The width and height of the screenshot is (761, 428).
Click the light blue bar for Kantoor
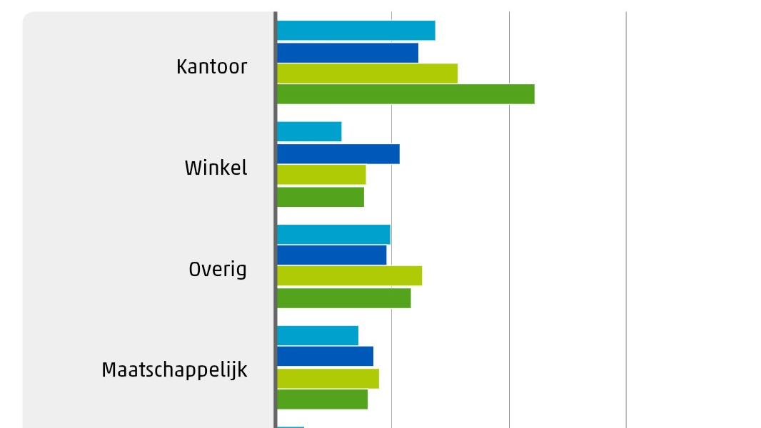[x=356, y=31]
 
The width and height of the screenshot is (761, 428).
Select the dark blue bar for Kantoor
[x=348, y=53]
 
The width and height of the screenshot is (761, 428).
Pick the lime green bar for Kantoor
[x=367, y=73]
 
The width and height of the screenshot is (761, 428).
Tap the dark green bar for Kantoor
[x=405, y=94]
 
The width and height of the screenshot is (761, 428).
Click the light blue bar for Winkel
[x=309, y=132]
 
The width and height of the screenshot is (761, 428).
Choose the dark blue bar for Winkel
[x=338, y=154]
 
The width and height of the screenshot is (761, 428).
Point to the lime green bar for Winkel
[x=321, y=175]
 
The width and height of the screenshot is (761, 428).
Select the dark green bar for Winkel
[x=321, y=197]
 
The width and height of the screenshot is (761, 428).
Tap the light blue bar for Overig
[x=333, y=235]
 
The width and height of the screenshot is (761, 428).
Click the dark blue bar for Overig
[x=332, y=255]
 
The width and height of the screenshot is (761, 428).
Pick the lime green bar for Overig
[x=349, y=276]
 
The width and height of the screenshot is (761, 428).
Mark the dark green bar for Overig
[x=344, y=298]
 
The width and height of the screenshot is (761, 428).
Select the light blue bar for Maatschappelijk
[x=318, y=335]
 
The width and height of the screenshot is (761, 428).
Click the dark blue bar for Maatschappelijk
[x=325, y=357]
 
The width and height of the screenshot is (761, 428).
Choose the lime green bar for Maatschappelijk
[x=328, y=379]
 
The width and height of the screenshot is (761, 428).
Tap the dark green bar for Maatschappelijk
[x=322, y=399]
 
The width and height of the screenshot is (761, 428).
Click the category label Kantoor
[x=211, y=67]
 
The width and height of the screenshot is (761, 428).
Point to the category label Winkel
[x=216, y=168]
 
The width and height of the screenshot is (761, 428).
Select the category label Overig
[x=218, y=270]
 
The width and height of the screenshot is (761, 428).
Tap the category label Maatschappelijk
[x=174, y=370]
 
